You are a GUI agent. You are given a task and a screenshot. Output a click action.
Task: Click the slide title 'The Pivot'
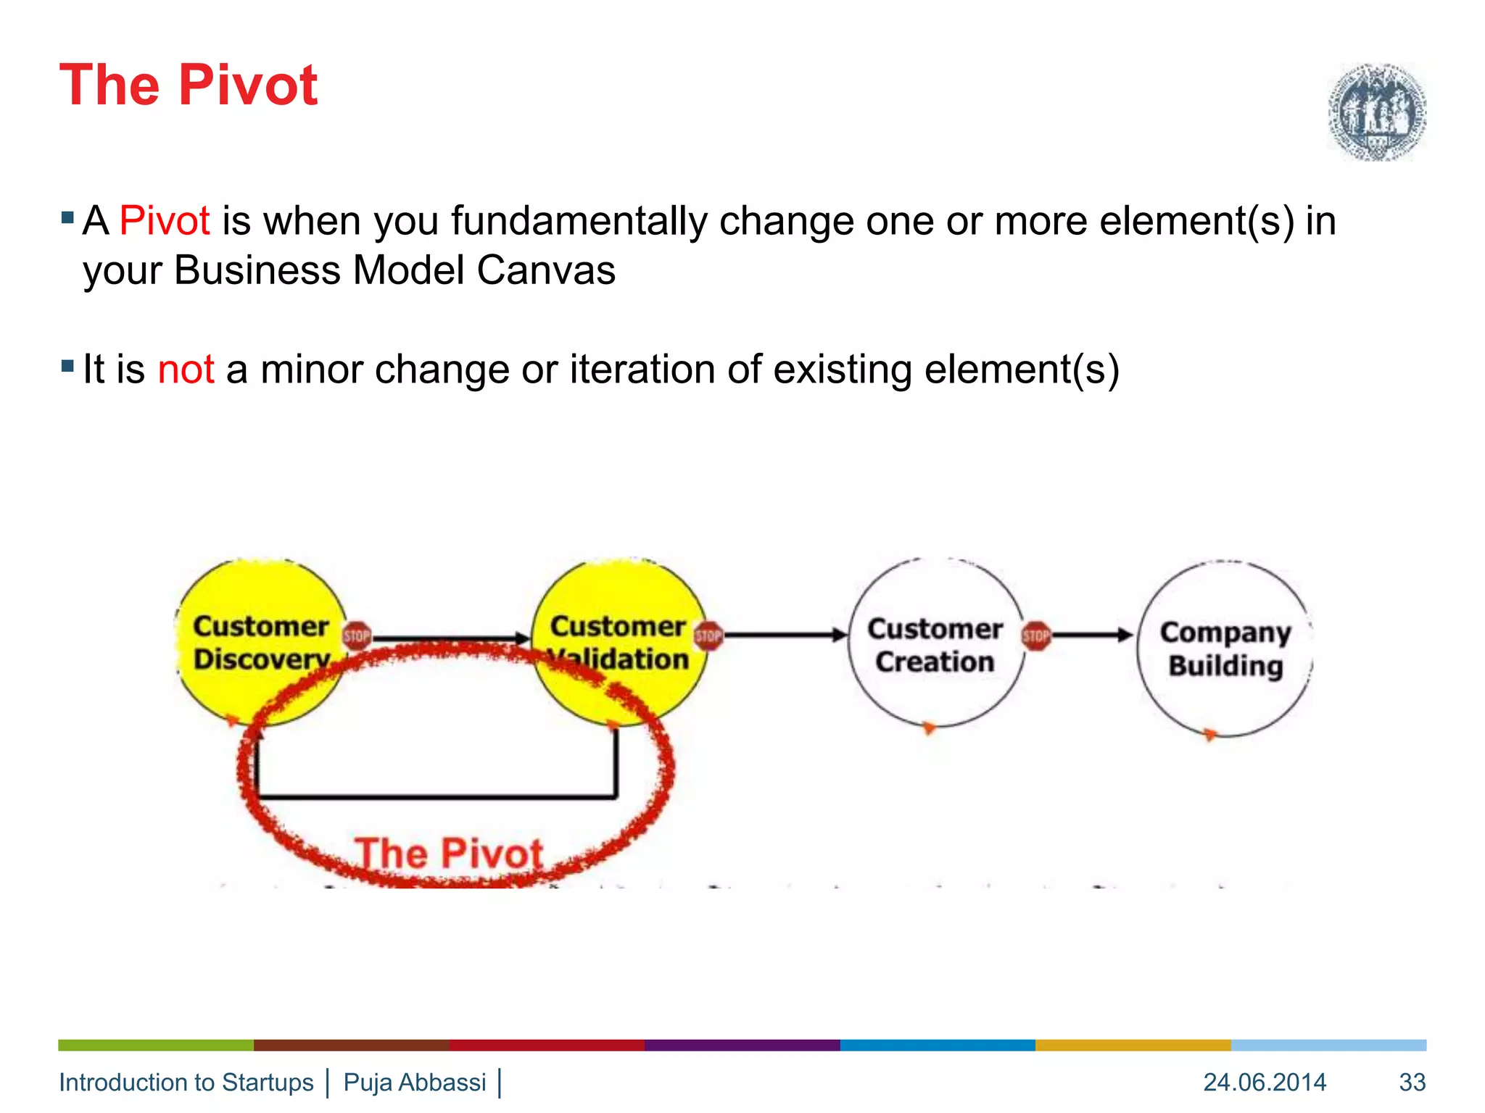(x=188, y=85)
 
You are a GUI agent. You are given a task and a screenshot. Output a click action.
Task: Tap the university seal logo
(x=1377, y=112)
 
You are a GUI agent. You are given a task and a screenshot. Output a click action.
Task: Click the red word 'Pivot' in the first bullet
(x=165, y=220)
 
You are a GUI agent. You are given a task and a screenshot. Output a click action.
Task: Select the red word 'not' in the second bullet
(x=186, y=369)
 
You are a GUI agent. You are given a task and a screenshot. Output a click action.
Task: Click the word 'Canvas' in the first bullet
(x=546, y=270)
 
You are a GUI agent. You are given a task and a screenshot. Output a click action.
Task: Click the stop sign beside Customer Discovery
(x=356, y=636)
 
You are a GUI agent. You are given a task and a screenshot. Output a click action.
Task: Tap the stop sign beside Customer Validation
(x=708, y=636)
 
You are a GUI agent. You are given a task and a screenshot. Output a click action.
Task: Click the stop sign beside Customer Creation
(x=1035, y=636)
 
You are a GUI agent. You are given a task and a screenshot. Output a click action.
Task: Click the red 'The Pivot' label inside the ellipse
(x=449, y=854)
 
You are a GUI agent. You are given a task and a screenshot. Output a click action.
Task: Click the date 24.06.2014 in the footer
(x=1265, y=1082)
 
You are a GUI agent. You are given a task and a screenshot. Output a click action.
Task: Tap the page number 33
(x=1412, y=1082)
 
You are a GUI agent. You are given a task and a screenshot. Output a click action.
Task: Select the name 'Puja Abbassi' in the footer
(x=414, y=1082)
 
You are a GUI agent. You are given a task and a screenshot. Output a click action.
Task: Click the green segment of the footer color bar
(x=156, y=1045)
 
